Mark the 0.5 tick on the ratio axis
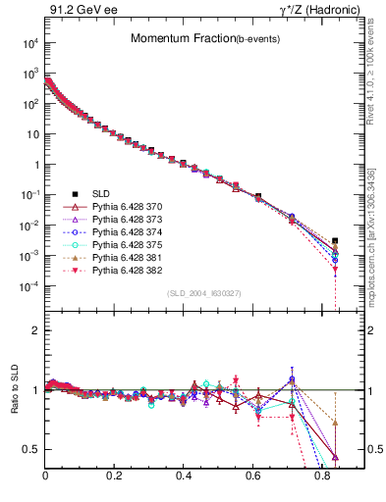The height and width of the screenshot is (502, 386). [x=33, y=449]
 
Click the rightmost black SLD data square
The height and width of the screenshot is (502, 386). [x=335, y=241]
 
